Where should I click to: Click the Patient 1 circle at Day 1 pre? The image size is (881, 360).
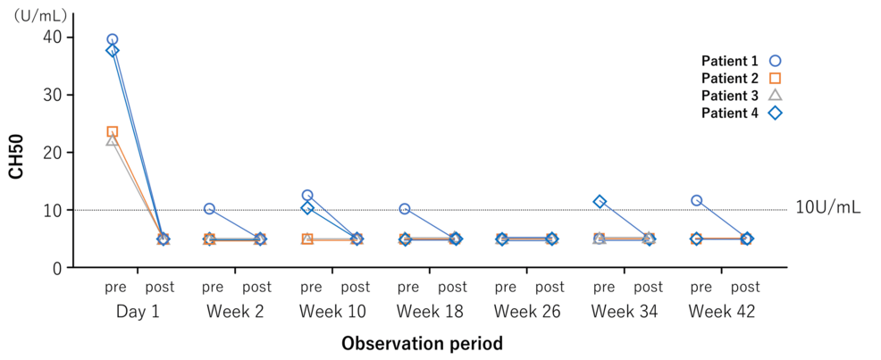[x=113, y=39]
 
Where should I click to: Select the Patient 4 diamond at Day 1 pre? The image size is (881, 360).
[x=113, y=51]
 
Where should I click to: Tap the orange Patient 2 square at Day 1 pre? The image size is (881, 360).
[x=113, y=132]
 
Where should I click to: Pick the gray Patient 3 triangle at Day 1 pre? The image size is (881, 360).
[x=112, y=140]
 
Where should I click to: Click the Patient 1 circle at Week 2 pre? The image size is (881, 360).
[x=209, y=209]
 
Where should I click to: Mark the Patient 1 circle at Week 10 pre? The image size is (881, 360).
[x=307, y=196]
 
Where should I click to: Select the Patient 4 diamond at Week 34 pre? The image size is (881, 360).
[x=600, y=202]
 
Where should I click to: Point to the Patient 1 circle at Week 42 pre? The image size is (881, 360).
[x=697, y=200]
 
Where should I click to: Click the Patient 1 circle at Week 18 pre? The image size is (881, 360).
[x=405, y=209]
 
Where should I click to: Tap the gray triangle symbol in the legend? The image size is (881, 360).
[x=776, y=96]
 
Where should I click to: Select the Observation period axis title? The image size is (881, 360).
[x=422, y=343]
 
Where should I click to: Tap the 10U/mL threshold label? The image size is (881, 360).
[x=828, y=207]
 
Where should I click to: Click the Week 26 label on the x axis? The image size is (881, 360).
[x=527, y=312]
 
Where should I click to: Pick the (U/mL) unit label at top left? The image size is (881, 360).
[x=38, y=14]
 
